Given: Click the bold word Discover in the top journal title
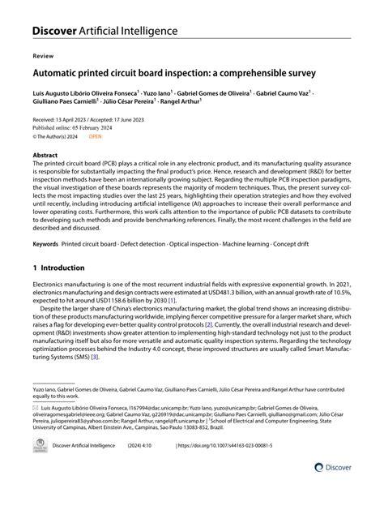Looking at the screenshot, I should click(55, 31).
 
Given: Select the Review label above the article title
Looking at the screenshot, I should click(41, 58).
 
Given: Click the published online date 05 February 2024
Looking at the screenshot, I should click(98, 128).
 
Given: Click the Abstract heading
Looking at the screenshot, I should click(45, 154).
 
